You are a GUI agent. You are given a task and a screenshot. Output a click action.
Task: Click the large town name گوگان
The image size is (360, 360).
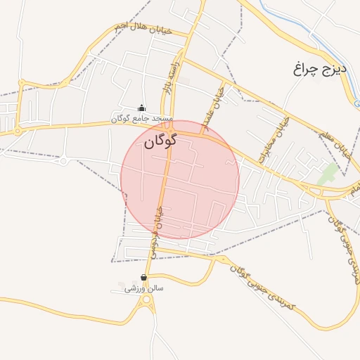pyautogui.click(x=160, y=141)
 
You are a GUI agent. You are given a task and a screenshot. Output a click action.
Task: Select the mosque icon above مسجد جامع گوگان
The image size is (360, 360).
pyautogui.click(x=142, y=108)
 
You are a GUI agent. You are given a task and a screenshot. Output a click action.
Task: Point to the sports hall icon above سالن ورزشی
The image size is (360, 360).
pyautogui.click(x=144, y=278)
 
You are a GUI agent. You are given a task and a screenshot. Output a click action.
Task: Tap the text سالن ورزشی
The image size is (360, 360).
pyautogui.click(x=144, y=288)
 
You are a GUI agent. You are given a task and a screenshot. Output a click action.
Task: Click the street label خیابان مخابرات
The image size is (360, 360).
pyautogui.click(x=274, y=139)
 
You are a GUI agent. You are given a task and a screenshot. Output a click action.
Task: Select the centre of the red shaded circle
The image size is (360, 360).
pyautogui.click(x=179, y=179)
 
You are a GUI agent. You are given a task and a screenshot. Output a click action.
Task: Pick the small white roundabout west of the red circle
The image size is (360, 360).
pyautogui.click(x=64, y=161)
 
